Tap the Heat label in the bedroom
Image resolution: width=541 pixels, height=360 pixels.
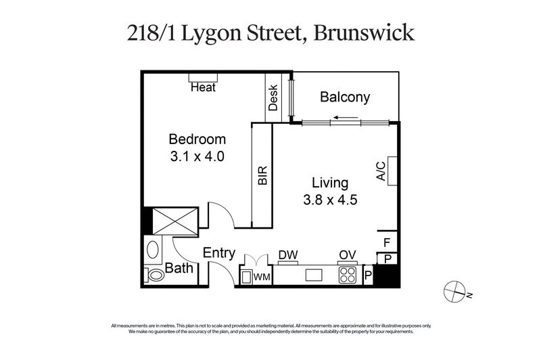(203, 87)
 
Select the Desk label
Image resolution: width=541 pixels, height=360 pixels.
(274, 99)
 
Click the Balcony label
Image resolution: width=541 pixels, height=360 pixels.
(345, 97)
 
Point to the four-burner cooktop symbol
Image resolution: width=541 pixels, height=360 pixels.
(348, 275)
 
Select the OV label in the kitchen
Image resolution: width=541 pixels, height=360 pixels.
(348, 256)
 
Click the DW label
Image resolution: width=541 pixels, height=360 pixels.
(288, 256)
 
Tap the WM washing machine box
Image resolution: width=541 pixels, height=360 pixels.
(261, 276)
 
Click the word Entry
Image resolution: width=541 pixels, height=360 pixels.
(219, 254)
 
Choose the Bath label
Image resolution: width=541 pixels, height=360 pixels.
(179, 269)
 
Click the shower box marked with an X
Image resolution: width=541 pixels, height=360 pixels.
(175, 220)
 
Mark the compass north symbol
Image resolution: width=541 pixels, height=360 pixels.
(452, 290)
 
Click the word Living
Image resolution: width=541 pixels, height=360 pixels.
(329, 183)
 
